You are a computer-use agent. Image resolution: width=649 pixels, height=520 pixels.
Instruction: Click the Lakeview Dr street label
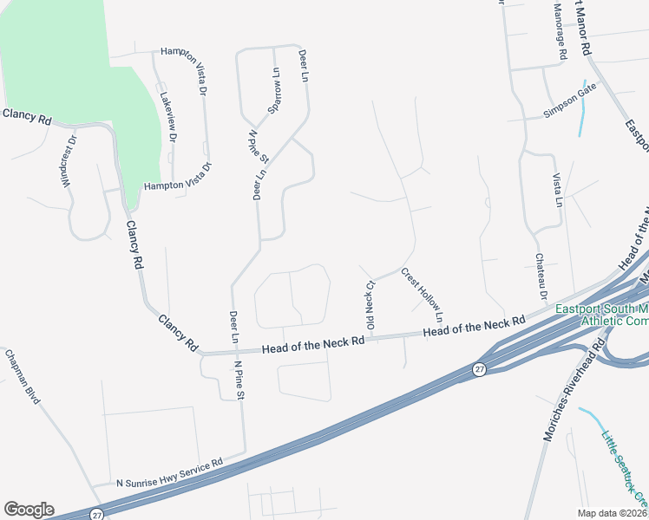pyautogui.click(x=167, y=112)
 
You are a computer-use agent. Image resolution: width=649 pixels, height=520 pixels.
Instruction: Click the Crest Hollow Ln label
pyautogui.click(x=423, y=290)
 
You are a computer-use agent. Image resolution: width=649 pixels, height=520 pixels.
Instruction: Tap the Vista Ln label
pyautogui.click(x=558, y=189)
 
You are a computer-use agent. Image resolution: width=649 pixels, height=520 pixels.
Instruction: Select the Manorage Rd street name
pyautogui.click(x=560, y=30)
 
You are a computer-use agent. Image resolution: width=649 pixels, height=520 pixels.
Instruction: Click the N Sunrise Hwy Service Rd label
pyautogui.click(x=171, y=473)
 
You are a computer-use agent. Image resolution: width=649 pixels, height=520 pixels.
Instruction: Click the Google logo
pyautogui.click(x=29, y=509)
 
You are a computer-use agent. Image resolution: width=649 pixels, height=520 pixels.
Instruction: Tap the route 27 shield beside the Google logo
pyautogui.click(x=95, y=515)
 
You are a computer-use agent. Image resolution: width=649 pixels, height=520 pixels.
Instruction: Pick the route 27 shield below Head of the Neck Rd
pyautogui.click(x=479, y=369)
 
